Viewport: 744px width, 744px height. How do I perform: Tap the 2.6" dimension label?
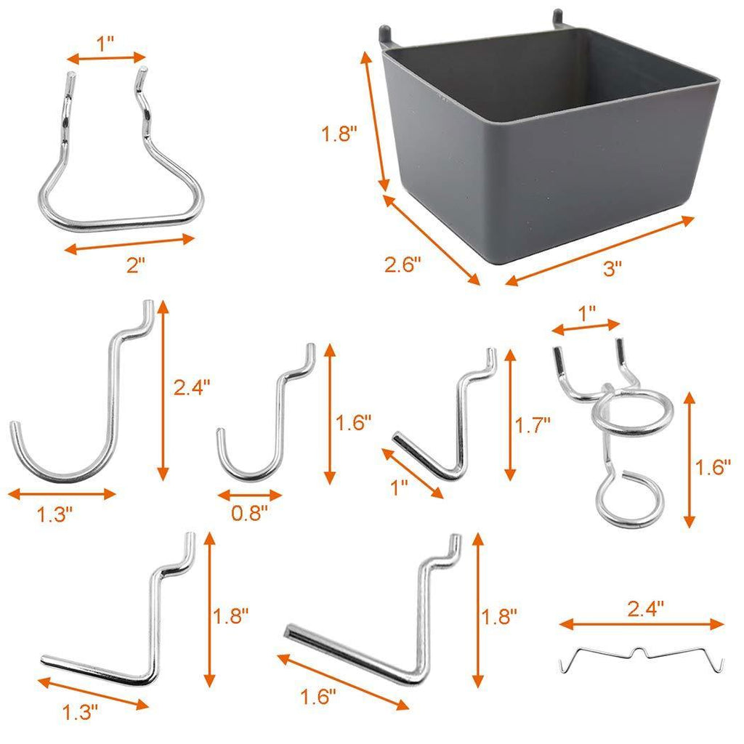click(403, 264)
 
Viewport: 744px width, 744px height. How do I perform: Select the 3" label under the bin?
click(612, 269)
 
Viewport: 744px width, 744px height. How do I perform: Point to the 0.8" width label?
click(249, 513)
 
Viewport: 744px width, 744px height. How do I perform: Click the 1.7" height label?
click(533, 426)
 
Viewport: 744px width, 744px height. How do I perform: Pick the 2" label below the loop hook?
click(136, 264)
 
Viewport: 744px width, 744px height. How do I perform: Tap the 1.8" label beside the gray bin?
click(339, 134)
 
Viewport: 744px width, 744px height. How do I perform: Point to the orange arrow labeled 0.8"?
click(250, 496)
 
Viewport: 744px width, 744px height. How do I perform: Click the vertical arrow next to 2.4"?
click(163, 390)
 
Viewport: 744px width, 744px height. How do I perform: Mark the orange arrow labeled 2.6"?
click(431, 240)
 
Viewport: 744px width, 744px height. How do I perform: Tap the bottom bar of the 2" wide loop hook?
click(121, 222)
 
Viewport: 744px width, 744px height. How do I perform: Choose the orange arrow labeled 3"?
click(600, 251)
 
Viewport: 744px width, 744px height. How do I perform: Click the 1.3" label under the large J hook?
click(55, 515)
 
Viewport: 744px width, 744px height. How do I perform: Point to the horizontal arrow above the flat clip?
click(642, 624)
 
